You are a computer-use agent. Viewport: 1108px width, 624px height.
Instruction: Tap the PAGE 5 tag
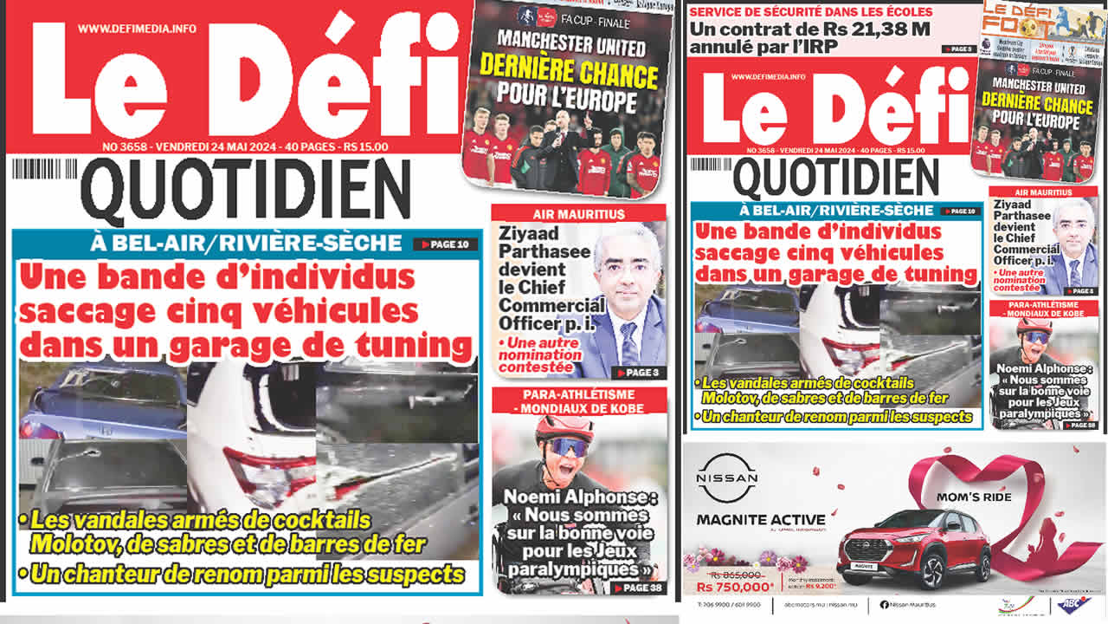[957, 49]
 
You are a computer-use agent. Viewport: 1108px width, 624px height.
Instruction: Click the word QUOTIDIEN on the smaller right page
[835, 178]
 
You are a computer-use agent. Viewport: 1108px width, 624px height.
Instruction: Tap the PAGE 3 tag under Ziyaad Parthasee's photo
[638, 373]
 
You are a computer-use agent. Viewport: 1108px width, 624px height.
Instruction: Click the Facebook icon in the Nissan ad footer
[884, 603]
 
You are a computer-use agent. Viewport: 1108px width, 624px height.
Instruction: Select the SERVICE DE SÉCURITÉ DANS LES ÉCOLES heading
[811, 11]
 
